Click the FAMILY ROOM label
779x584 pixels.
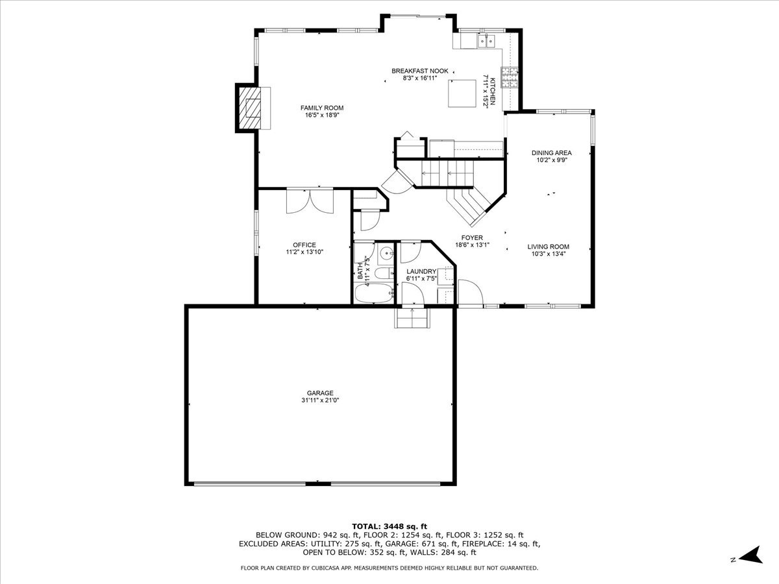[322, 108]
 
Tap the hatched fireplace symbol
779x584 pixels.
[250, 108]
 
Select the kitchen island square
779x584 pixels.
[462, 93]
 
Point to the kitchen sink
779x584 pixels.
[486, 41]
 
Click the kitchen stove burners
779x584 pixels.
[510, 77]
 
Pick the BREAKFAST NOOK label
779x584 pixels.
[420, 71]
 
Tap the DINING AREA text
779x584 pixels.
[552, 153]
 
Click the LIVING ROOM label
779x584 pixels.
[549, 247]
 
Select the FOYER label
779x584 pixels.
[472, 237]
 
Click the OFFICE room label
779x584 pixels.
[304, 245]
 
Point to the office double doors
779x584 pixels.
[310, 201]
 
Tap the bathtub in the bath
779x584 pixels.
[374, 293]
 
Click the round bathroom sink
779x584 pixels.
[386, 253]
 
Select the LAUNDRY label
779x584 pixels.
[421, 271]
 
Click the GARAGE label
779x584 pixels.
[320, 393]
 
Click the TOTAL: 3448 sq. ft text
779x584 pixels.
[389, 526]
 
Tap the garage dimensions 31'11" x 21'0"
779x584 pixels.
[320, 400]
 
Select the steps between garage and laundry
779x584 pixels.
[412, 318]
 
